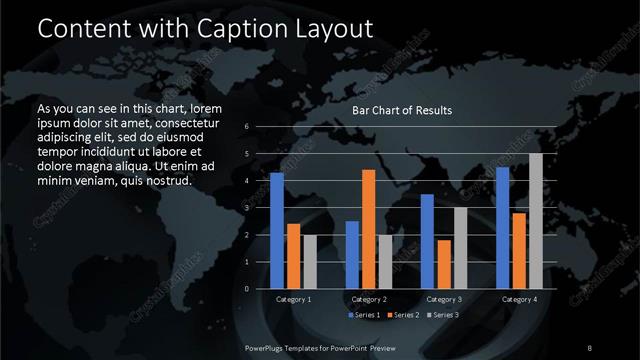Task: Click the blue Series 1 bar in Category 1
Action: (x=277, y=231)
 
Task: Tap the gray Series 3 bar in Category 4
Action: (x=536, y=221)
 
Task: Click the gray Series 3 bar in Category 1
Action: (x=310, y=262)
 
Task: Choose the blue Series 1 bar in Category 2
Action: (x=352, y=255)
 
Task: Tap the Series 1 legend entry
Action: (x=365, y=315)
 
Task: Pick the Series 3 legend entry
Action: (x=442, y=315)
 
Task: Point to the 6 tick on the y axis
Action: (x=246, y=127)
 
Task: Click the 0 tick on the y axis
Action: (x=246, y=289)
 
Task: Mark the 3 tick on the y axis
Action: (x=246, y=208)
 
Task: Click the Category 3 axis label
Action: (x=444, y=299)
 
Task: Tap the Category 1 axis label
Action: (x=294, y=299)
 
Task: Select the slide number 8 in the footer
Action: (x=590, y=347)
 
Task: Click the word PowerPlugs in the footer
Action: (x=268, y=347)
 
